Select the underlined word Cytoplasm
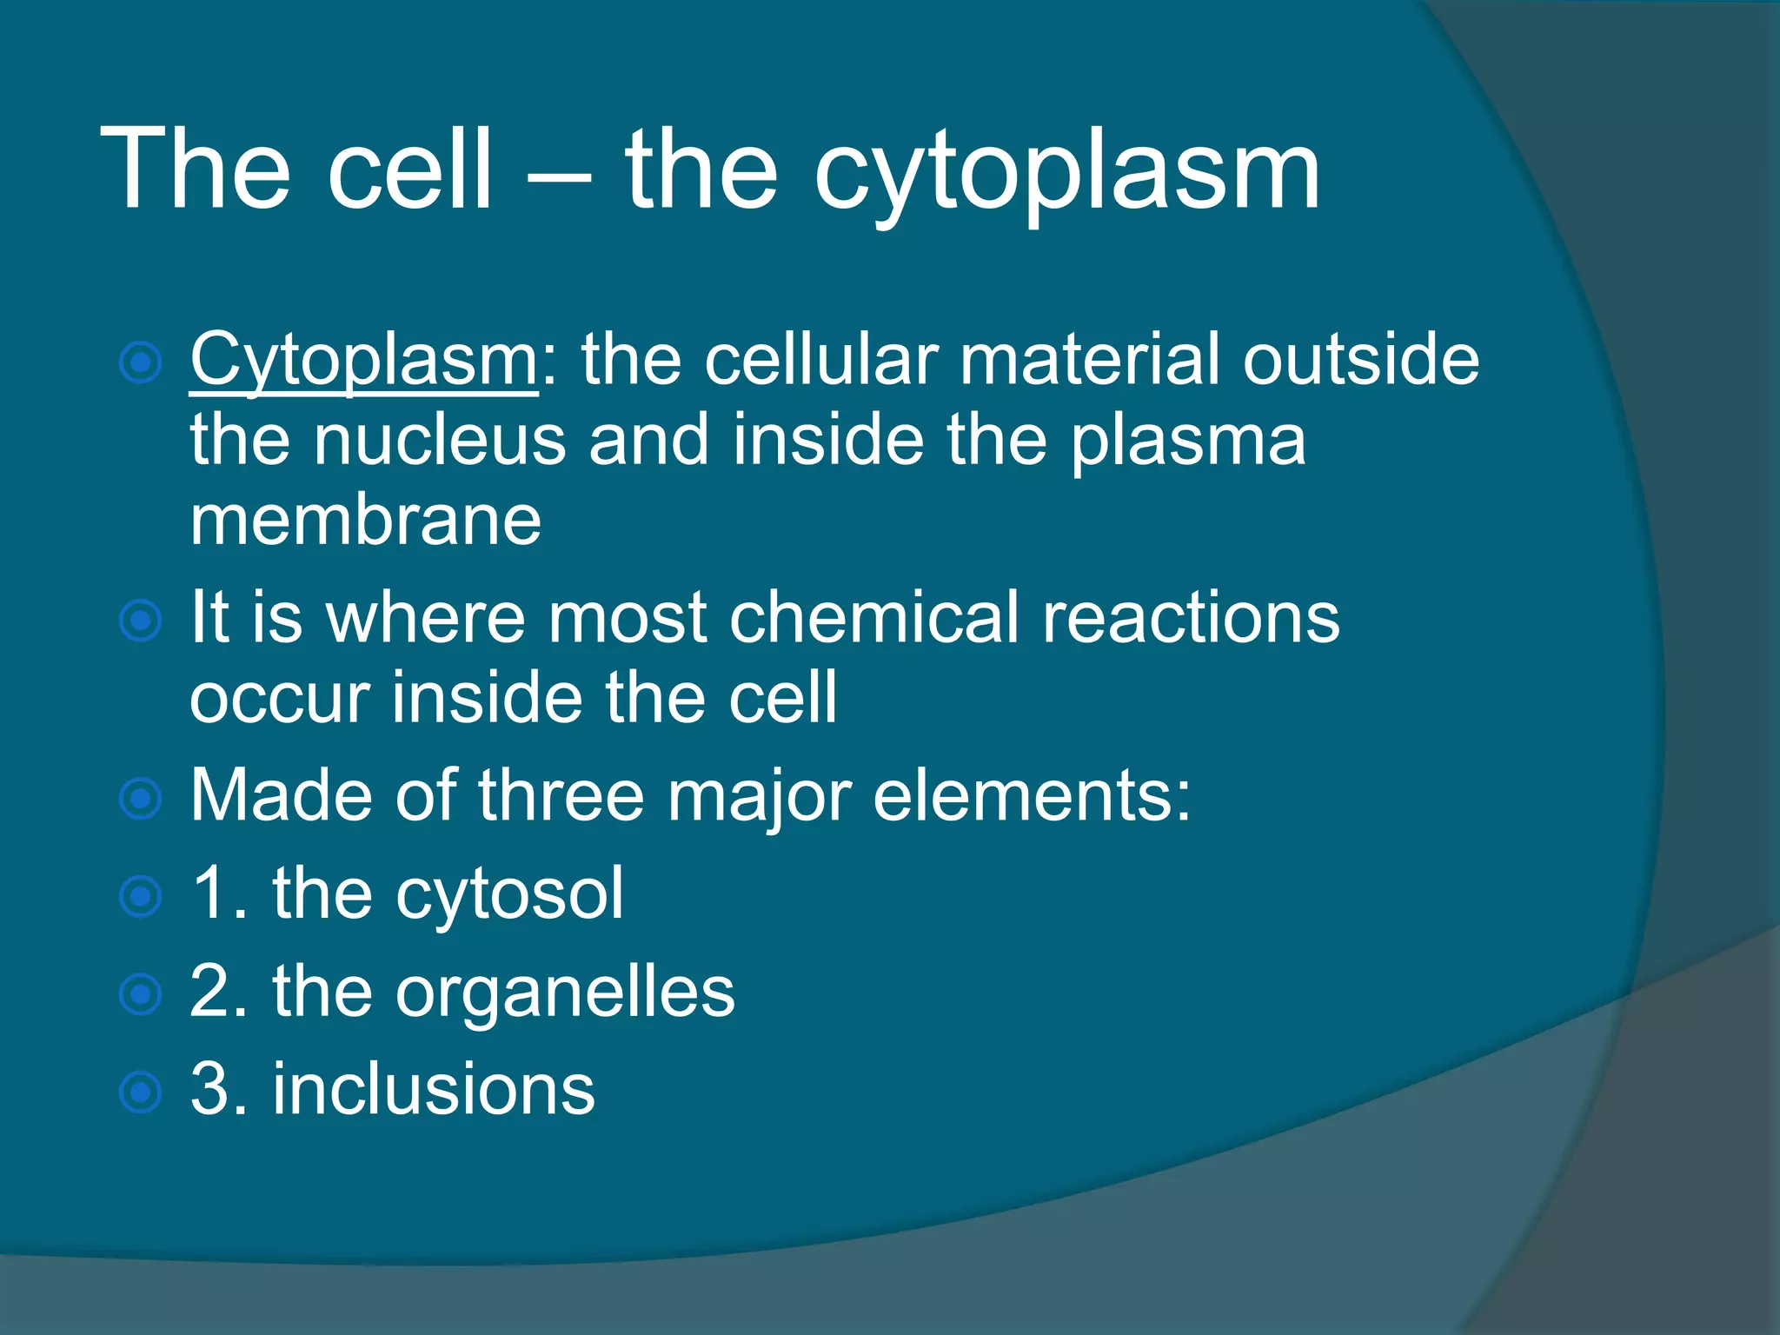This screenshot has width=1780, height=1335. [x=363, y=362]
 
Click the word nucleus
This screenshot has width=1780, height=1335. [x=440, y=441]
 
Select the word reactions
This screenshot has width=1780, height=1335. [x=1191, y=618]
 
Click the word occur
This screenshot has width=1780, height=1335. [x=278, y=699]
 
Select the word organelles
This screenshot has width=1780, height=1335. [x=565, y=994]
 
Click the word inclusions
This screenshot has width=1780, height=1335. [x=434, y=1089]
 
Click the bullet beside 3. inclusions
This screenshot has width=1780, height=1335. [x=140, y=1092]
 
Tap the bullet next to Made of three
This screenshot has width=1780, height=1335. [x=140, y=799]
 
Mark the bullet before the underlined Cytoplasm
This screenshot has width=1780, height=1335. [x=140, y=363]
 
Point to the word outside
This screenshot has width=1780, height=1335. [x=1360, y=361]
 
